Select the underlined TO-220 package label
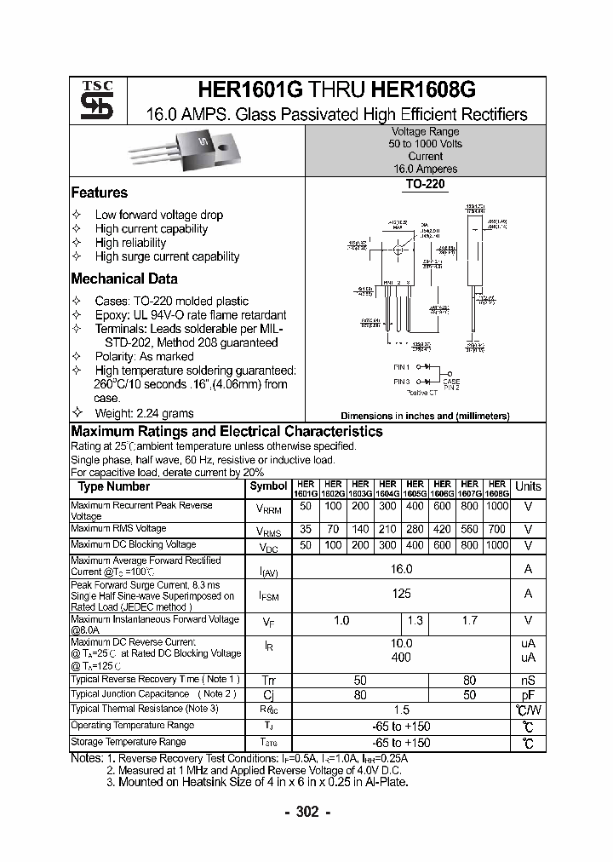point(425,184)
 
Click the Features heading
point(100,193)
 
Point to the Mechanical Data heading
point(124,279)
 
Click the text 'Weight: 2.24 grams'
point(146,413)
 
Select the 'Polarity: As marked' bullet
point(144,356)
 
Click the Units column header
point(528,486)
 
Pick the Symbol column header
point(268,486)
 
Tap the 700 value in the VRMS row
point(497,529)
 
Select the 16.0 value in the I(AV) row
point(401,569)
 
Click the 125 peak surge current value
point(401,593)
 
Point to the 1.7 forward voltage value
point(469,621)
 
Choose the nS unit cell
point(528,680)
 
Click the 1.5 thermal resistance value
point(401,710)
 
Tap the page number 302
point(306,812)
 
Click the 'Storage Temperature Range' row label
point(129,742)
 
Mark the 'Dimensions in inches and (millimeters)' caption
point(425,416)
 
